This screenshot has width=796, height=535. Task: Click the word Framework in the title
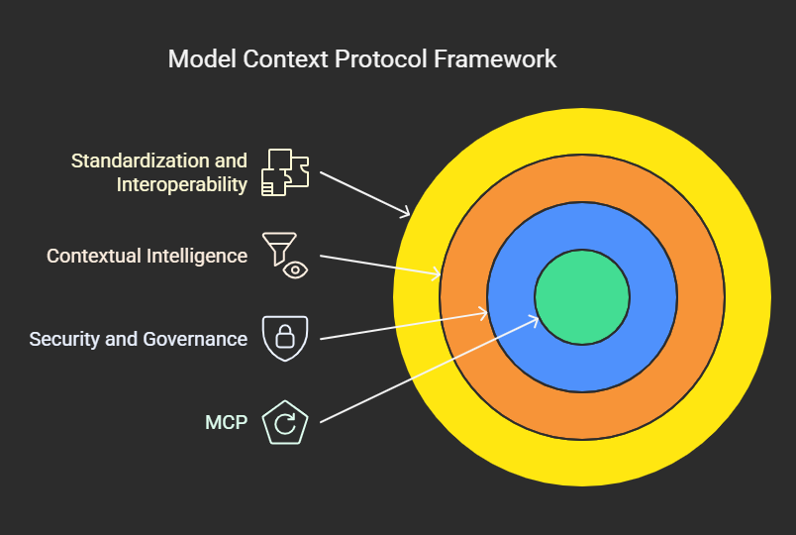(x=495, y=58)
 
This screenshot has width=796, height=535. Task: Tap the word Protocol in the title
(x=380, y=58)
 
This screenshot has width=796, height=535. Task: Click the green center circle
(x=582, y=297)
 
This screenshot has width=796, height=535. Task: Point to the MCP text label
(x=227, y=423)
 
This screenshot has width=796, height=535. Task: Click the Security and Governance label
(x=139, y=339)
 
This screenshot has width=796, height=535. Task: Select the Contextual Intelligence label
(x=148, y=256)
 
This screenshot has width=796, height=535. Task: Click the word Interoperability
(x=182, y=184)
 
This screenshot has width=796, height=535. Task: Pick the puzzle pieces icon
(x=285, y=171)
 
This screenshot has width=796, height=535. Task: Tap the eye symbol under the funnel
(x=294, y=268)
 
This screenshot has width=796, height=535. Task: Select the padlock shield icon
(x=284, y=338)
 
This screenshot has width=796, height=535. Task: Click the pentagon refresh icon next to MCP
(x=284, y=423)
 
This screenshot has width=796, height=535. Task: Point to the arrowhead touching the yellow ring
(x=405, y=212)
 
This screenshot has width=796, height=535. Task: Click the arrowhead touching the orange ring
(x=437, y=273)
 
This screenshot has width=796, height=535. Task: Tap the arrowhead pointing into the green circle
(x=534, y=319)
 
